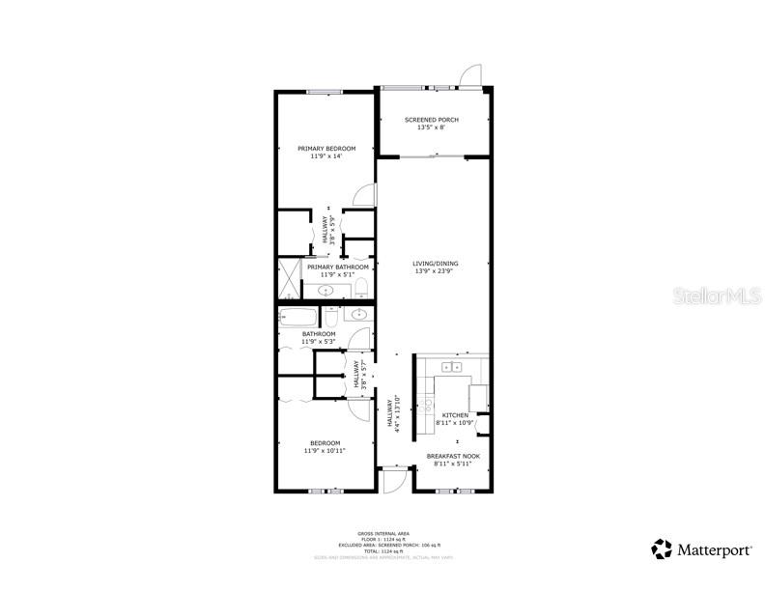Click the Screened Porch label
coord(431,120)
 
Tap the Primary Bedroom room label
coord(326,149)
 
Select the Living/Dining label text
coord(435,264)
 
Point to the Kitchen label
coord(455,416)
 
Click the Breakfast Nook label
coord(453,456)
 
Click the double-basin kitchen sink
coord(451,367)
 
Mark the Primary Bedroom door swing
coord(363,194)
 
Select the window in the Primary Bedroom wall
coord(326,92)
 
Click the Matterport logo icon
coord(662,549)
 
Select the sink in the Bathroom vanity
coord(358,314)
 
